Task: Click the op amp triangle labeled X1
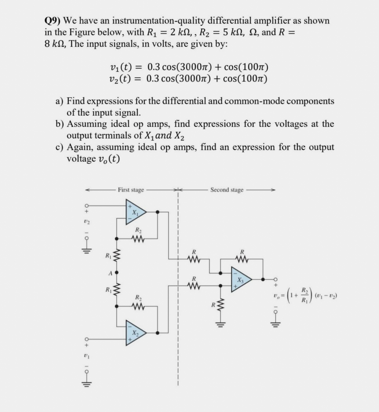135,212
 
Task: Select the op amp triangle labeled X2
135,333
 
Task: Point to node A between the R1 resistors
116,273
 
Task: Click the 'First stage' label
131,190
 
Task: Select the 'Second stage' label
227,190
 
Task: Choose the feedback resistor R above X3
242,258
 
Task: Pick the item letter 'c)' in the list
59,147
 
